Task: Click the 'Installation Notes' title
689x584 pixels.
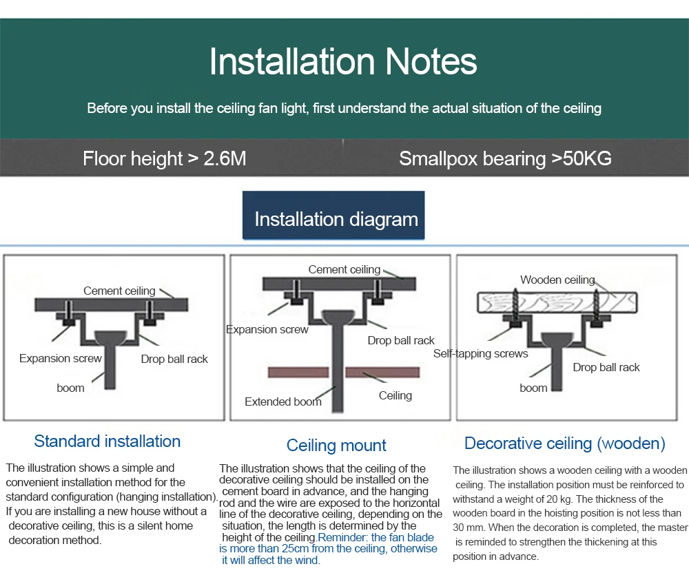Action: tap(343, 61)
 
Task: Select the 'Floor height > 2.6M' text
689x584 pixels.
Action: tap(164, 158)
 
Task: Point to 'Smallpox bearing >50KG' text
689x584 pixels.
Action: tap(505, 158)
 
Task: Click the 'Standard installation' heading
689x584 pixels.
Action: tap(107, 441)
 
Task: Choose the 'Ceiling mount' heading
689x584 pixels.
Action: tap(336, 446)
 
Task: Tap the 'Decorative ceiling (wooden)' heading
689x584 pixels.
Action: tap(565, 444)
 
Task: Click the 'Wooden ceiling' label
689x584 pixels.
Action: tap(557, 280)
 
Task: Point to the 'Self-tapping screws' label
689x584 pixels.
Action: tap(480, 354)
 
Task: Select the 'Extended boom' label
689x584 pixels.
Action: tap(282, 401)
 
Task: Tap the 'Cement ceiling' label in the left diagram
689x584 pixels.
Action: tap(119, 291)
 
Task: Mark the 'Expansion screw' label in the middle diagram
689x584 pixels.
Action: tap(267, 329)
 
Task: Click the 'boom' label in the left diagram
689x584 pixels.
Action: tap(70, 388)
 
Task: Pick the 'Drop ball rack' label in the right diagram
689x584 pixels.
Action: tap(606, 367)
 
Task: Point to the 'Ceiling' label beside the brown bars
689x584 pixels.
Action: tap(395, 395)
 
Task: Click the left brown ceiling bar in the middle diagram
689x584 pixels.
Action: tap(297, 373)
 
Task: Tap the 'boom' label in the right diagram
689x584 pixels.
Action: tap(533, 388)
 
